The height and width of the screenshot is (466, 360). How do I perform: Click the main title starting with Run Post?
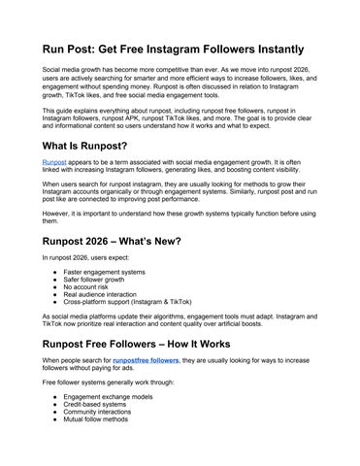pyautogui.click(x=172, y=49)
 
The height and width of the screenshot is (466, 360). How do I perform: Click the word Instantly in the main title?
pyautogui.click(x=271, y=49)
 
